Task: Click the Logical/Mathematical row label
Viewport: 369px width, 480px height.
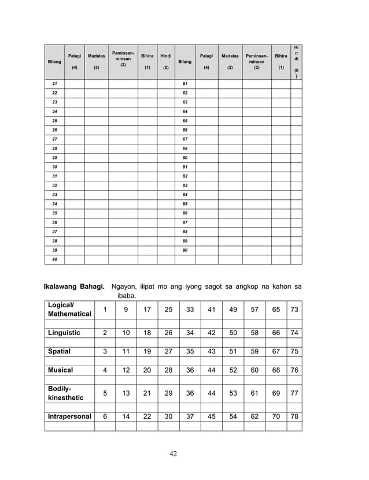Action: pyautogui.click(x=69, y=309)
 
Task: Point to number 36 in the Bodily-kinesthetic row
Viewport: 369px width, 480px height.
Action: pyautogui.click(x=190, y=393)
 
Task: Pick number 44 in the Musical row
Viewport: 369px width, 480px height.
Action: pyautogui.click(x=211, y=370)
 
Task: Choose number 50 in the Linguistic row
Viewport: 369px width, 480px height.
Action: pyautogui.click(x=233, y=333)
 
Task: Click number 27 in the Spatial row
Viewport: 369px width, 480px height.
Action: pyautogui.click(x=168, y=351)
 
